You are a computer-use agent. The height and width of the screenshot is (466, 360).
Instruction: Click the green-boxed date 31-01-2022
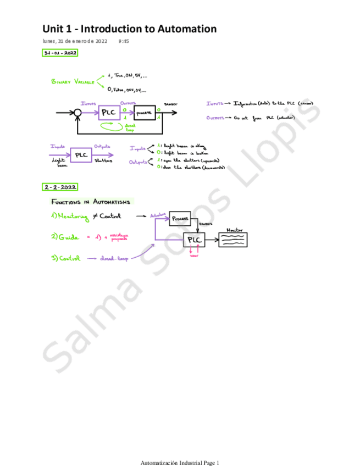point(60,53)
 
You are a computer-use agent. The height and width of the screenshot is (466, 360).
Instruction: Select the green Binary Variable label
point(71,82)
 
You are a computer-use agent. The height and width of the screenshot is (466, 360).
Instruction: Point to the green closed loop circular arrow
point(114,126)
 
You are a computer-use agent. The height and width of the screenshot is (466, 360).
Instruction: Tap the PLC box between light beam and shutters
point(81,155)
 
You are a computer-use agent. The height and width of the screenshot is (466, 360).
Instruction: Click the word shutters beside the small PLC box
point(104,161)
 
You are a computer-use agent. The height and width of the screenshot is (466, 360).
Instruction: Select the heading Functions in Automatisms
point(92,201)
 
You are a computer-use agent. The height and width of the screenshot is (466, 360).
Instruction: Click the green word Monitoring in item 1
point(73,217)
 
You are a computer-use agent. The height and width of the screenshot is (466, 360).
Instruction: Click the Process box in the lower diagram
point(180,218)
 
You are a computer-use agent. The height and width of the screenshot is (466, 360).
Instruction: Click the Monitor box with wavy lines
point(234,240)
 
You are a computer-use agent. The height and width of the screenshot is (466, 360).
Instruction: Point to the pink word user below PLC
point(194,256)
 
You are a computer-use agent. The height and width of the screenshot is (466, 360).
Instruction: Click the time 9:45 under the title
point(123,41)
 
